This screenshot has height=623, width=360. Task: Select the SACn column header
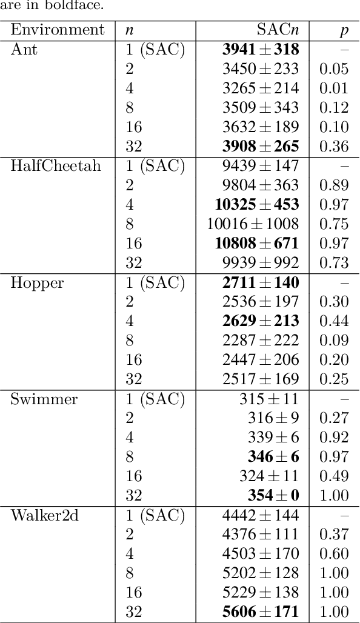point(278,30)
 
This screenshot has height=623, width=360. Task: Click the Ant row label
point(24,50)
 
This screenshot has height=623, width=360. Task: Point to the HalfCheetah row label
point(56,167)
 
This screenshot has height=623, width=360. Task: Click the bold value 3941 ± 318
point(261,50)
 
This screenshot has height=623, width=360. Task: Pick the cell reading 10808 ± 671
point(257,244)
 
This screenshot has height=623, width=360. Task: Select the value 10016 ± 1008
point(253,224)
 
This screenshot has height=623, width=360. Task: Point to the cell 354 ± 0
point(273,496)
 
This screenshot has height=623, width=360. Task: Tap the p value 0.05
point(334,69)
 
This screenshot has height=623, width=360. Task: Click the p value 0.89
point(334,185)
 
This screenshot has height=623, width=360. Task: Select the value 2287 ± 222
point(261,341)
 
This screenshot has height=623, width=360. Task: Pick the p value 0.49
point(334,476)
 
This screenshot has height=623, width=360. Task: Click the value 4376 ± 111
point(261,535)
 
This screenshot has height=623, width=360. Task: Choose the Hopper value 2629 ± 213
point(261,321)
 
